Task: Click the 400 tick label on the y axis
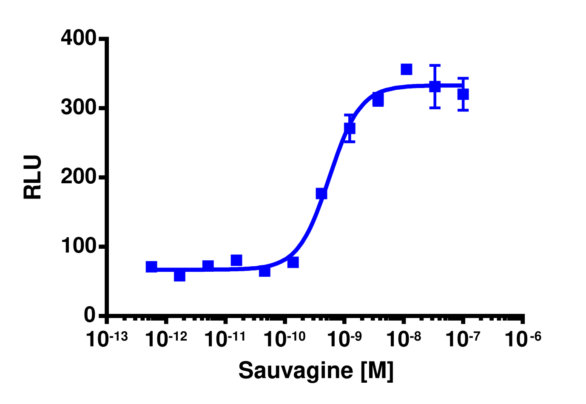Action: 79,38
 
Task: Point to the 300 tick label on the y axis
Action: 79,108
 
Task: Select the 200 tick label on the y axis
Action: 79,177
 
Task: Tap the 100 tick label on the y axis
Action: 79,246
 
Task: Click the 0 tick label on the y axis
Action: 90,316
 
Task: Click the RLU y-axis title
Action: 33,177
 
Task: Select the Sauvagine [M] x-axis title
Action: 316,370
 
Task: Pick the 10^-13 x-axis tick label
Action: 107,339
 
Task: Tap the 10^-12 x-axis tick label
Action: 166,339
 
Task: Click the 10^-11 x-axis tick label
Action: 225,339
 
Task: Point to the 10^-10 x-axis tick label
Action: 284,339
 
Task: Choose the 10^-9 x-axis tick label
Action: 344,339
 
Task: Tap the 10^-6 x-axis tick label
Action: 523,339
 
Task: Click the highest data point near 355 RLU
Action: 407,69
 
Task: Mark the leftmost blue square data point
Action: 151,267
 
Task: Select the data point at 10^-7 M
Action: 463,94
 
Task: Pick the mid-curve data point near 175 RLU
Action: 321,193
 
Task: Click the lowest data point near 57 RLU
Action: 179,276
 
